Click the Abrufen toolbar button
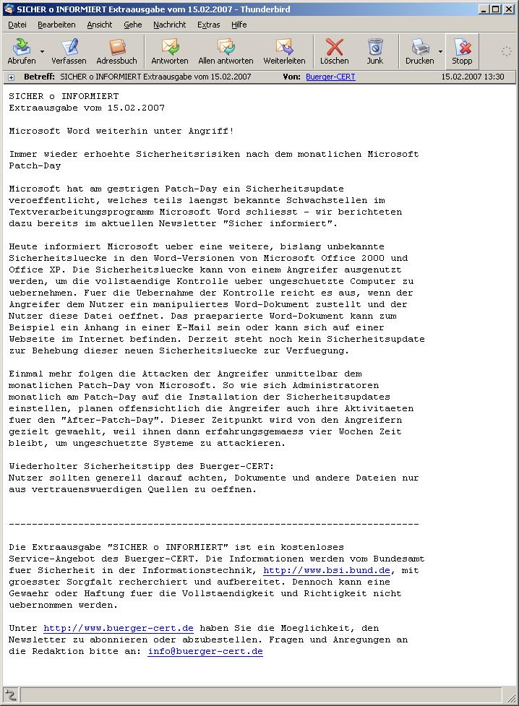(x=22, y=51)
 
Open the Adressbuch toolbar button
(x=116, y=51)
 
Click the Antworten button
(x=170, y=51)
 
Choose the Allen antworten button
(x=226, y=51)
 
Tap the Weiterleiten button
(x=284, y=51)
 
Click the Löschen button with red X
(x=334, y=51)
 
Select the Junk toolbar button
(x=374, y=51)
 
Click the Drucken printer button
(x=419, y=51)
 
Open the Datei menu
(x=17, y=25)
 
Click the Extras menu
(x=208, y=25)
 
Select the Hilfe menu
(x=239, y=25)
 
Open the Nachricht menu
(x=169, y=25)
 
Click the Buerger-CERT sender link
(x=330, y=77)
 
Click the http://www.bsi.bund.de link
(x=327, y=570)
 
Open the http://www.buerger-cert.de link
(x=118, y=628)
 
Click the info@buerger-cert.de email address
(x=205, y=651)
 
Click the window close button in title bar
(x=510, y=9)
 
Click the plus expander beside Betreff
(x=11, y=77)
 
